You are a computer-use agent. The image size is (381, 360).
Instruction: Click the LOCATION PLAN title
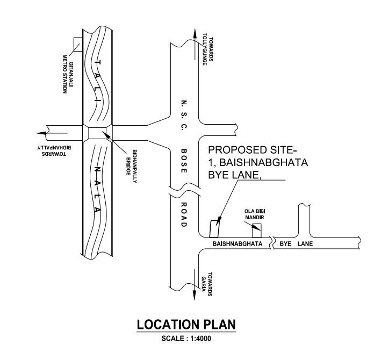click(186, 326)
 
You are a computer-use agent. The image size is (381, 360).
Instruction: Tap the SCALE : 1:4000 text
click(186, 339)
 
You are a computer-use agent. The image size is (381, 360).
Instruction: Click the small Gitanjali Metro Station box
click(77, 45)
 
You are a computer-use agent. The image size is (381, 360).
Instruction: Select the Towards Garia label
click(207, 283)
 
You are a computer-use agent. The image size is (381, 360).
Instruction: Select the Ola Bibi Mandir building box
click(257, 231)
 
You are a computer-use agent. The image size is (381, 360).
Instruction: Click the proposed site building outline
click(214, 228)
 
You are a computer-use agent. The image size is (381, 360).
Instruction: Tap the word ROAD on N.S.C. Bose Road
click(183, 214)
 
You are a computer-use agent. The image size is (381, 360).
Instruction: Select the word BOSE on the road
click(183, 161)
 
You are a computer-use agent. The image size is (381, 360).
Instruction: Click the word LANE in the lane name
click(305, 244)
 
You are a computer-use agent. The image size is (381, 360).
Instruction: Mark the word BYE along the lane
click(285, 244)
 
